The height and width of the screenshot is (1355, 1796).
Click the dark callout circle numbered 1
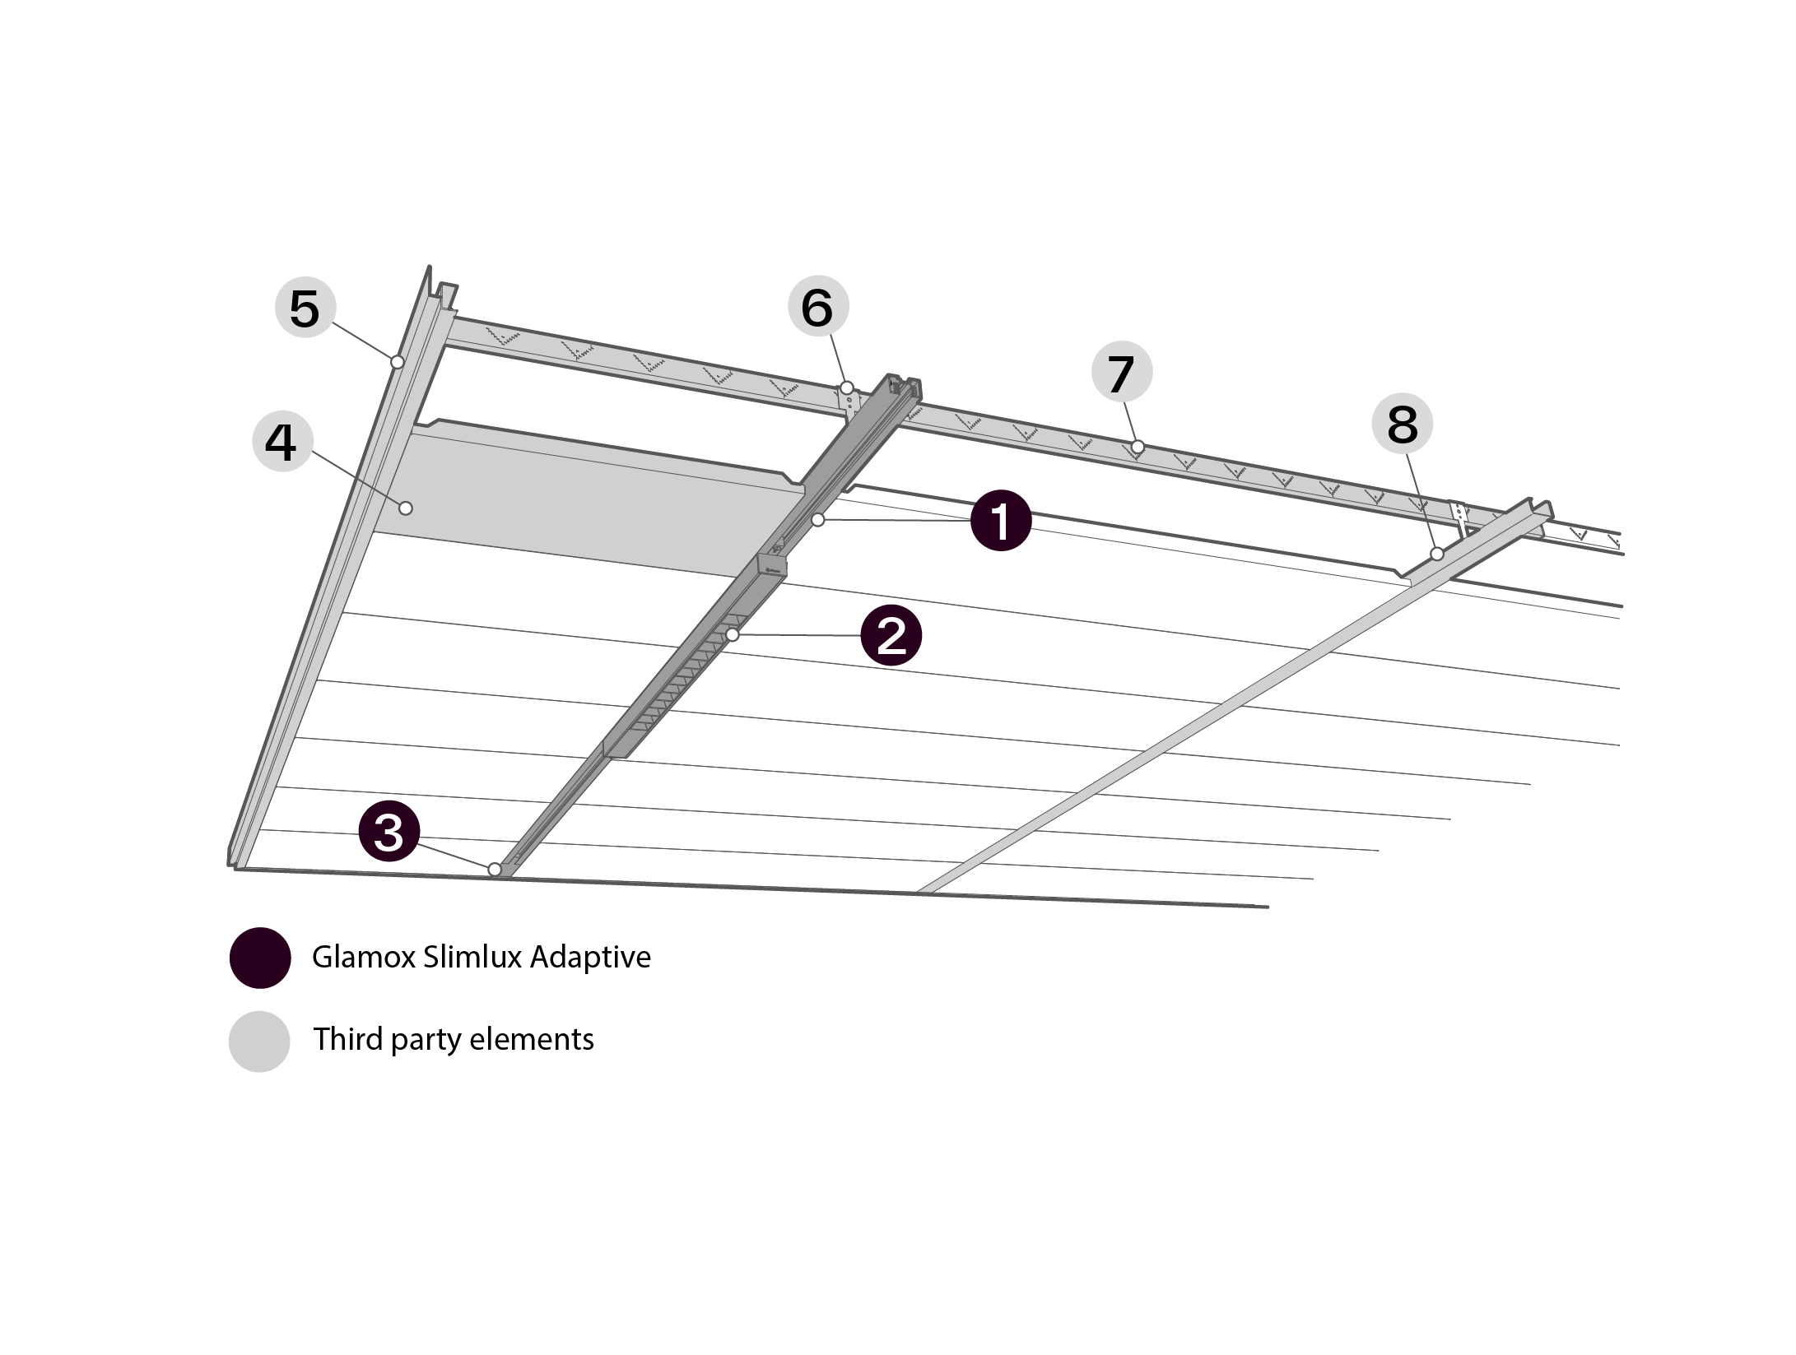(x=1000, y=521)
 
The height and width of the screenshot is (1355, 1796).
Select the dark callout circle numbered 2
(x=891, y=636)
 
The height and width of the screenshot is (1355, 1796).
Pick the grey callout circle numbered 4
(x=281, y=443)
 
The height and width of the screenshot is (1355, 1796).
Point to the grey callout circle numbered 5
(x=305, y=309)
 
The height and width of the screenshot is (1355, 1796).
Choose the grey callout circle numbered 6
(x=817, y=307)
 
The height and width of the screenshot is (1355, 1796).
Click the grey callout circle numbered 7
(x=1121, y=373)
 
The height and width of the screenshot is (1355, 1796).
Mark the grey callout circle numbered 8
(x=1403, y=425)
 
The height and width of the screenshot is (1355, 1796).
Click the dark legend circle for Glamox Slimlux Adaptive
(x=260, y=958)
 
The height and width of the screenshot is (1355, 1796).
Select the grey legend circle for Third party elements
(x=259, y=1041)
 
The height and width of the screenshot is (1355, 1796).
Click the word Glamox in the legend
(x=363, y=958)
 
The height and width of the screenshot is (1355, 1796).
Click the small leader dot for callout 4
(x=406, y=508)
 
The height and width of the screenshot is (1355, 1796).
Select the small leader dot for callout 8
(x=1436, y=555)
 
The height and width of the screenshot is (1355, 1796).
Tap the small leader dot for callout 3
(x=495, y=869)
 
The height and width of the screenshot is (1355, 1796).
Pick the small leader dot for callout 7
(x=1138, y=447)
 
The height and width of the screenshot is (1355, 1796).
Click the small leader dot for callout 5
(x=397, y=361)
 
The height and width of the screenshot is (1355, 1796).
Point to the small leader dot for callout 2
(x=732, y=635)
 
